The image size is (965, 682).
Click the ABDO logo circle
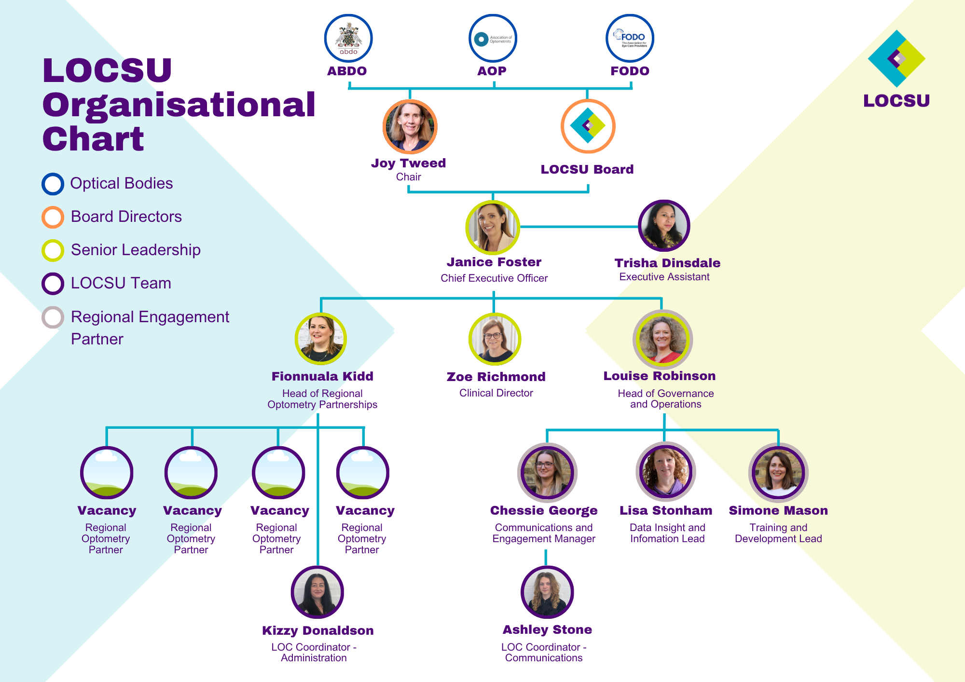[348, 38]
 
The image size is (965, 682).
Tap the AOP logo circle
[493, 38]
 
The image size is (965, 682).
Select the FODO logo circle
[630, 38]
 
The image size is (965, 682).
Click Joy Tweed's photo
[410, 126]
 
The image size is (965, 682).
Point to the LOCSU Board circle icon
[588, 126]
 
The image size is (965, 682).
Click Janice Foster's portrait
[493, 228]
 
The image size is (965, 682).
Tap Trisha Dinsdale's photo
[664, 226]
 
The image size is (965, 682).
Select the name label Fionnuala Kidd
[322, 376]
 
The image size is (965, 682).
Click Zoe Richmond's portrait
[495, 339]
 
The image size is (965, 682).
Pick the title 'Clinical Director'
[496, 393]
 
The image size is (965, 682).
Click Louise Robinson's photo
[662, 340]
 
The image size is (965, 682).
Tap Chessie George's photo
[547, 472]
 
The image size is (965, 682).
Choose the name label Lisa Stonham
[666, 510]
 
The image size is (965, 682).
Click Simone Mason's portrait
[778, 472]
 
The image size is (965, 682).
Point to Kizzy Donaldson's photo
[317, 592]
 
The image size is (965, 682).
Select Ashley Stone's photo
[547, 592]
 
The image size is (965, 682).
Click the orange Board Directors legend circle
[53, 217]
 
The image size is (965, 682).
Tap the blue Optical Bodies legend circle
[53, 184]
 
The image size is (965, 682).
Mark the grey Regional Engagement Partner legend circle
[53, 317]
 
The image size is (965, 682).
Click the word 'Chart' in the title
[93, 139]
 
